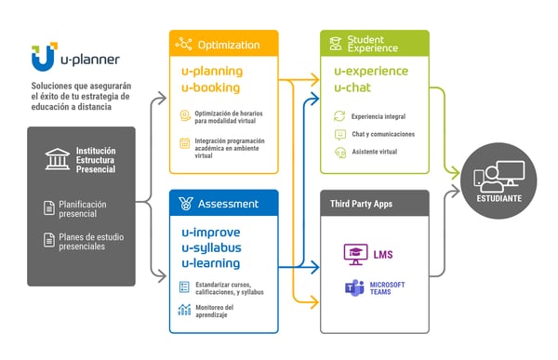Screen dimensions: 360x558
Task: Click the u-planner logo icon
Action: (x=42, y=58)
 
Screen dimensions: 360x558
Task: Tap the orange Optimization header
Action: (x=223, y=44)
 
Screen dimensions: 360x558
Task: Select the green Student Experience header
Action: (x=374, y=44)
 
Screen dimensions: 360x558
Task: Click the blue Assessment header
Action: (x=223, y=204)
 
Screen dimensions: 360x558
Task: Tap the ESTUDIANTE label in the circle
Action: (x=500, y=199)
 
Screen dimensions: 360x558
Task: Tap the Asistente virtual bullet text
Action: (x=374, y=151)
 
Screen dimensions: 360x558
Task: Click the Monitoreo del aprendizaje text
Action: (x=216, y=312)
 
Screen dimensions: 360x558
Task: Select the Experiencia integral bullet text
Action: (x=379, y=116)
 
